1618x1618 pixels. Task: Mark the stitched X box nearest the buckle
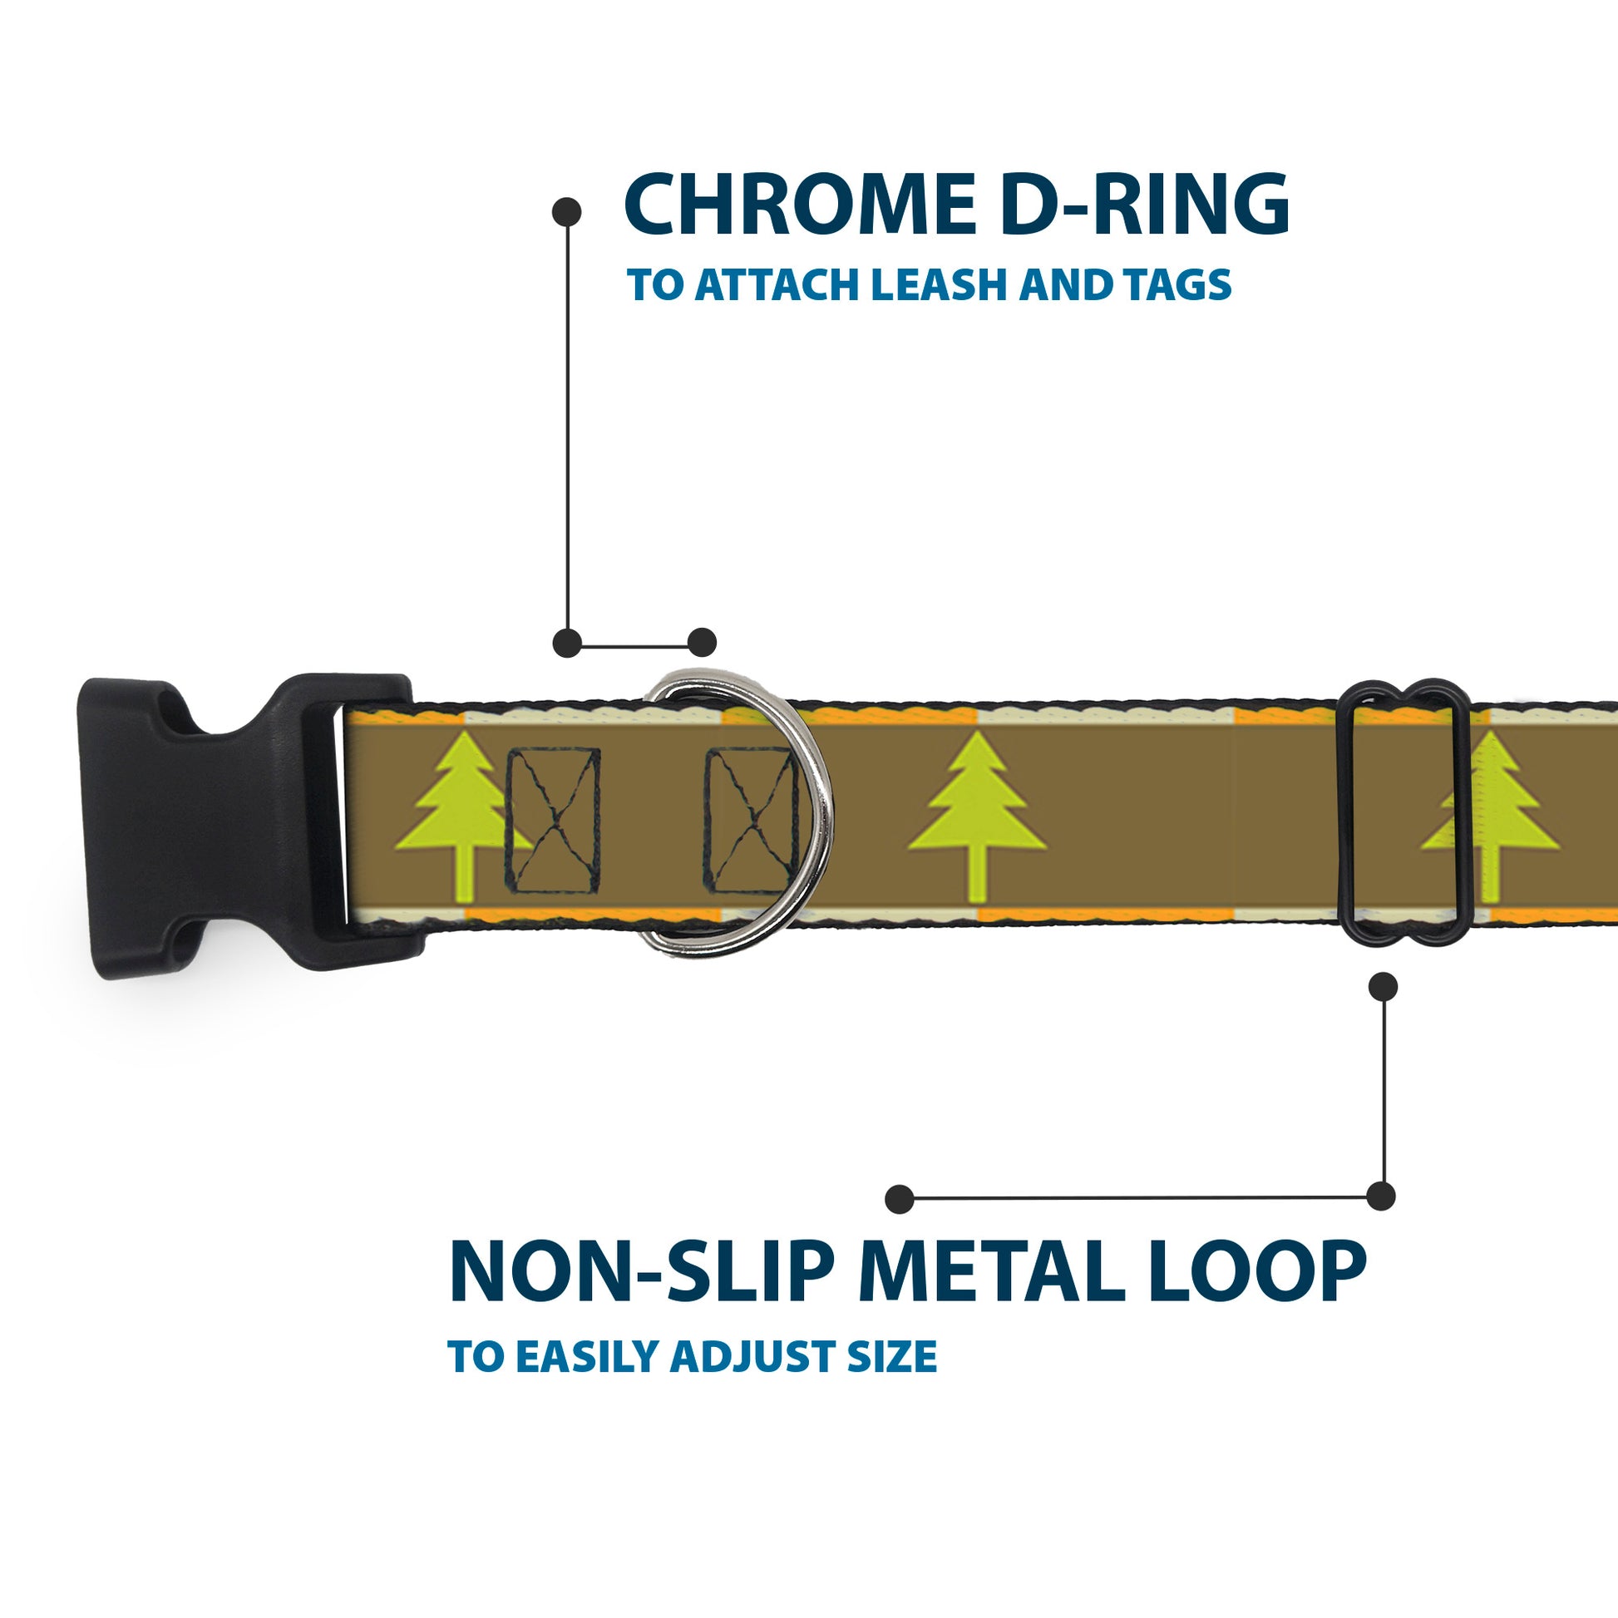coord(554,821)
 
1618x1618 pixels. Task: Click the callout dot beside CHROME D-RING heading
coord(567,212)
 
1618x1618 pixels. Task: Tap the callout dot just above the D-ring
coord(702,643)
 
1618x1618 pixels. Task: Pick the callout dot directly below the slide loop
coord(1383,987)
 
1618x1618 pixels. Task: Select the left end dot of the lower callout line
coord(900,1199)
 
